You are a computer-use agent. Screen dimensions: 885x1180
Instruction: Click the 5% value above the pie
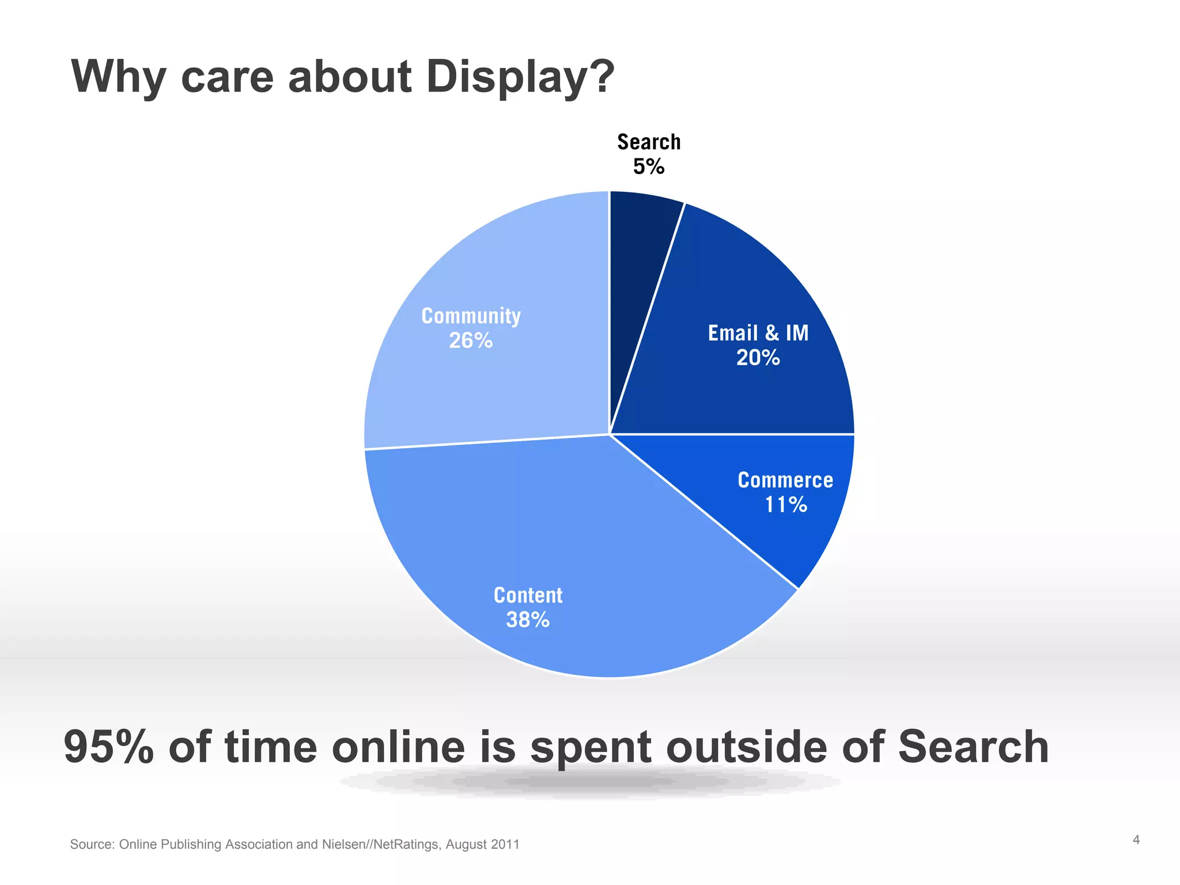[x=649, y=167]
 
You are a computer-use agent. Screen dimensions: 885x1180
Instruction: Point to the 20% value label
[x=758, y=358]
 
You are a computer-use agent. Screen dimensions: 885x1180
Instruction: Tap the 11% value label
[x=786, y=505]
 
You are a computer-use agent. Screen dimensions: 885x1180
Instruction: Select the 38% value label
[x=528, y=621]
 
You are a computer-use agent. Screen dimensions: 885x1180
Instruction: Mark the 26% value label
[x=471, y=341]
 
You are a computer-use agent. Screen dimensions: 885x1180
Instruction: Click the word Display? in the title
[x=520, y=77]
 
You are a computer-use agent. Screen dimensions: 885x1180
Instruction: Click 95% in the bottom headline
[x=109, y=747]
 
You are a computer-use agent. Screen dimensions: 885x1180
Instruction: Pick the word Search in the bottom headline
[x=973, y=747]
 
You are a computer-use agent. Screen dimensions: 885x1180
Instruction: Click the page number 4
[x=1136, y=840]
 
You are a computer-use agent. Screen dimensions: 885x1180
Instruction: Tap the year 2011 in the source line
[x=505, y=845]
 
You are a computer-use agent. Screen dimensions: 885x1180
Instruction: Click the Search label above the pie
[x=649, y=142]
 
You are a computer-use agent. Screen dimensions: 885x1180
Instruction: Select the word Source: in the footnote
[x=92, y=845]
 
